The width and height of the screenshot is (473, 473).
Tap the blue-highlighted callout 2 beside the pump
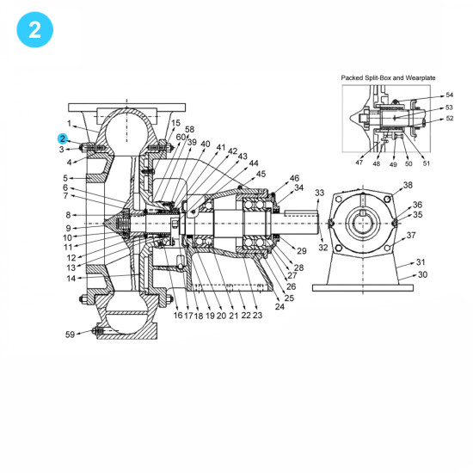(63, 138)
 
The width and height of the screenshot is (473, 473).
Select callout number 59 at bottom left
(70, 334)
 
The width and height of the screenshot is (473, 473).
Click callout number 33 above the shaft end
(320, 193)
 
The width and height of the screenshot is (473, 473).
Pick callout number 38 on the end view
(408, 186)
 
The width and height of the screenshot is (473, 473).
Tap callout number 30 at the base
(421, 275)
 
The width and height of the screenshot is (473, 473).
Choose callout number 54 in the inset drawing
(449, 95)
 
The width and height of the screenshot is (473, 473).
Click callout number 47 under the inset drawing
(359, 163)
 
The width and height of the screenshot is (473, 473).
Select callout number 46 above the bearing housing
(295, 177)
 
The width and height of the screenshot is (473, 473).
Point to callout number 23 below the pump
(257, 316)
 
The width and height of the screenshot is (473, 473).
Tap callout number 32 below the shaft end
(323, 248)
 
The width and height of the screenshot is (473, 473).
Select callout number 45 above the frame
(261, 174)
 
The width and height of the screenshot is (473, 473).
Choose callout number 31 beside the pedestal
(421, 262)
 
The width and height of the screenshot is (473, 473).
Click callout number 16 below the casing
(178, 316)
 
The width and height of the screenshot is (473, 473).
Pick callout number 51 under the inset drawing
(427, 163)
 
